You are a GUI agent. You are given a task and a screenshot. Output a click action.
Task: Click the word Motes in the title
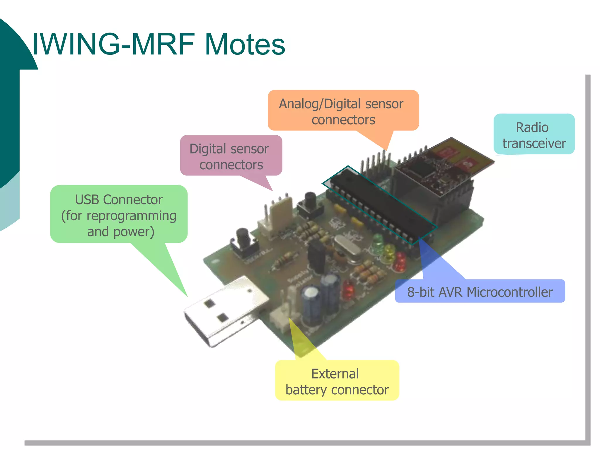pyautogui.click(x=245, y=45)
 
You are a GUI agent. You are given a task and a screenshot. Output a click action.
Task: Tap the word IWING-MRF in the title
pyautogui.click(x=113, y=45)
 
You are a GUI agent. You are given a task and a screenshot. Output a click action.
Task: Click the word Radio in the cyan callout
pyautogui.click(x=532, y=127)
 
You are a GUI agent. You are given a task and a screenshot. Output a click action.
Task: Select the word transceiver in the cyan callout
pyautogui.click(x=534, y=144)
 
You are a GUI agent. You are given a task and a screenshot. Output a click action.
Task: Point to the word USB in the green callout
pyautogui.click(x=88, y=200)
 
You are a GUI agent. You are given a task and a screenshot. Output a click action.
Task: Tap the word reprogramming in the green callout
pyautogui.click(x=131, y=216)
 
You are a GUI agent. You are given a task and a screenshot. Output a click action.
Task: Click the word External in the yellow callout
pyautogui.click(x=335, y=374)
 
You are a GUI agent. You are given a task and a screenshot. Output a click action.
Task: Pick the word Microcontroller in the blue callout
pyautogui.click(x=509, y=292)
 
